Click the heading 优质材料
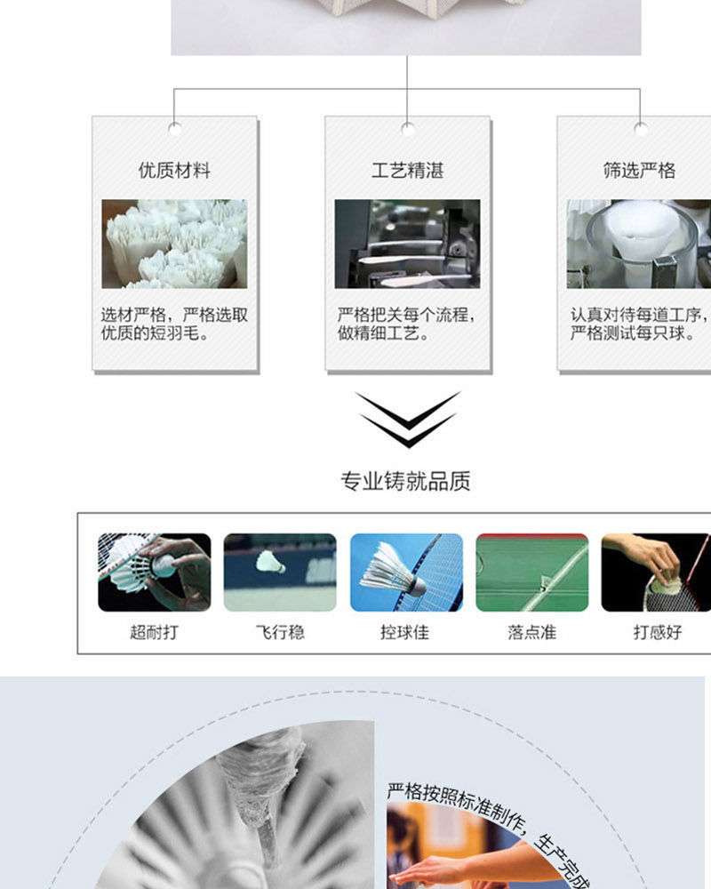(x=175, y=170)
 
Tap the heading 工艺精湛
(x=407, y=170)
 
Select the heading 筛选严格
(x=639, y=170)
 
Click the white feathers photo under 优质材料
(x=174, y=244)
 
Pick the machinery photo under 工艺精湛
(x=407, y=244)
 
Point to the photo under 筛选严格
(x=639, y=244)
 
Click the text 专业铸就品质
(x=405, y=482)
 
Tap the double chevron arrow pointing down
(x=408, y=419)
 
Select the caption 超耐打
(x=154, y=633)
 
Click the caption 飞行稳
(x=280, y=633)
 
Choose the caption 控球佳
(x=405, y=633)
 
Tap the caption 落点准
(x=531, y=633)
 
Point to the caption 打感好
(x=658, y=633)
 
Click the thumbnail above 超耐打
(x=155, y=573)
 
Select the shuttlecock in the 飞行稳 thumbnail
(x=270, y=562)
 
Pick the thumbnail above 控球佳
(x=406, y=573)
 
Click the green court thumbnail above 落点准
(x=532, y=573)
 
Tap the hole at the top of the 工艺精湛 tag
(x=407, y=128)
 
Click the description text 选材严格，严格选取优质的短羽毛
(x=174, y=324)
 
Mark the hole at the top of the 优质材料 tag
(x=175, y=128)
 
